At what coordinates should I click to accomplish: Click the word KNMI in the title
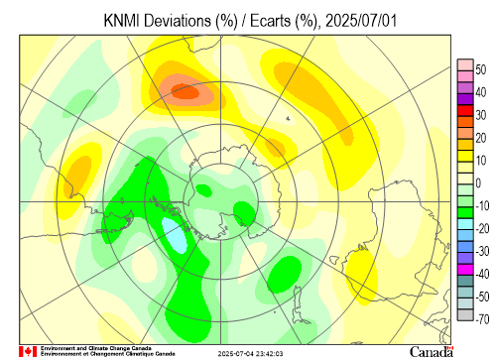122,21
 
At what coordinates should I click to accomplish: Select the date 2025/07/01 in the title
361,21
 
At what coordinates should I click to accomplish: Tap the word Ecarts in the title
270,21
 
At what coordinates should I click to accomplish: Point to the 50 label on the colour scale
481,69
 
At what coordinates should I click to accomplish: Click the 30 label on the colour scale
481,115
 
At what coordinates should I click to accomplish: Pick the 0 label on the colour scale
478,183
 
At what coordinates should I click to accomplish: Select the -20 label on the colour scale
482,228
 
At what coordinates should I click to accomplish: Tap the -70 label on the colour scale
482,319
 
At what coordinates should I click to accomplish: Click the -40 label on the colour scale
482,274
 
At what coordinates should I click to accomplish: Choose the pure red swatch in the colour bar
465,110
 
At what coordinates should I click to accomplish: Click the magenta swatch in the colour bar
465,270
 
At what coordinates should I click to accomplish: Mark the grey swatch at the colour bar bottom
465,314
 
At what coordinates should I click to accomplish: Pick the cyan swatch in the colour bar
465,224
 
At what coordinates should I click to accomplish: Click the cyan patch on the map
175,235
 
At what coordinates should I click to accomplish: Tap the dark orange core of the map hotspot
186,91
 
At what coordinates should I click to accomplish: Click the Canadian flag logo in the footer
28,351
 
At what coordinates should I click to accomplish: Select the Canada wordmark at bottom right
432,352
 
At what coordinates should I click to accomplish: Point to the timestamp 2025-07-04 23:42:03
250,354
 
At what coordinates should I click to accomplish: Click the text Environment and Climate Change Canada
96,348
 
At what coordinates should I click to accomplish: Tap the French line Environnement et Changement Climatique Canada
107,354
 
